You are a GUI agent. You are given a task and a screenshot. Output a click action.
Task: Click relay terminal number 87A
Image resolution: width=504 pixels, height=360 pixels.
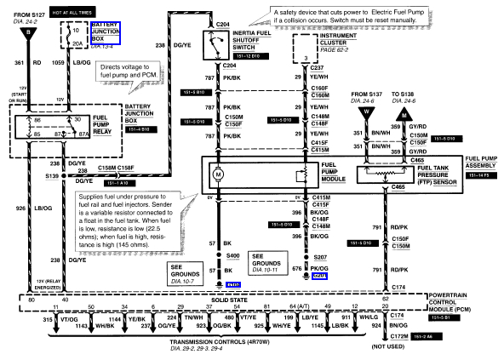click(83, 134)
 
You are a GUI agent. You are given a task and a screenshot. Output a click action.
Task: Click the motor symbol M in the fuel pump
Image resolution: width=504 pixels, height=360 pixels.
click(218, 174)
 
